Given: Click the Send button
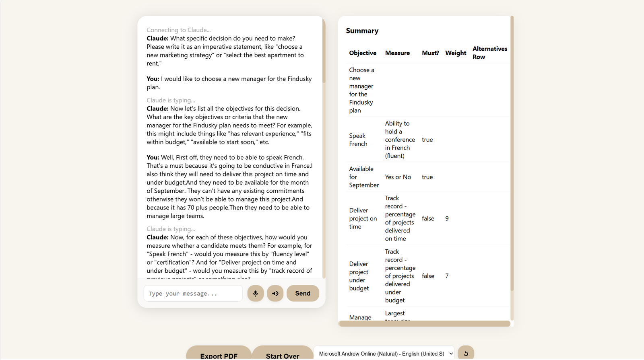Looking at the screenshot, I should pyautogui.click(x=303, y=293).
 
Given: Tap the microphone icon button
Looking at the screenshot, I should pyautogui.click(x=256, y=293).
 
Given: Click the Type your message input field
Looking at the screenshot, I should pyautogui.click(x=193, y=293).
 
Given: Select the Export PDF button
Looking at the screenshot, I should pyautogui.click(x=219, y=354).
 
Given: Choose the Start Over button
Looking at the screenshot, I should pyautogui.click(x=283, y=354).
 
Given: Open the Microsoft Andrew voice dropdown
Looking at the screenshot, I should pyautogui.click(x=384, y=354).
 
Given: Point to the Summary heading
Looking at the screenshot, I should pyautogui.click(x=362, y=31).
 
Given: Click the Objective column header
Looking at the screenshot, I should pyautogui.click(x=363, y=53).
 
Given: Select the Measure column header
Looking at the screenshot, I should pyautogui.click(x=397, y=53).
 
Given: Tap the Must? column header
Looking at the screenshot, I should pyautogui.click(x=430, y=53).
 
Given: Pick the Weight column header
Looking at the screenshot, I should pyautogui.click(x=456, y=53).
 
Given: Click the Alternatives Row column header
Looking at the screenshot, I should pyautogui.click(x=489, y=53).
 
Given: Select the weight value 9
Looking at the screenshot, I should pyautogui.click(x=447, y=218).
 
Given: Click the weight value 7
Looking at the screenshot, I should pyautogui.click(x=447, y=276).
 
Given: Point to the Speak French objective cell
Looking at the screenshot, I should pyautogui.click(x=358, y=140).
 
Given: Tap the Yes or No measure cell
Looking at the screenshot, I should pyautogui.click(x=398, y=177).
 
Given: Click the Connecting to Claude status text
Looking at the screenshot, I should pyautogui.click(x=179, y=30).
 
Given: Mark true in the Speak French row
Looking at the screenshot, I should pyautogui.click(x=427, y=140).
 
